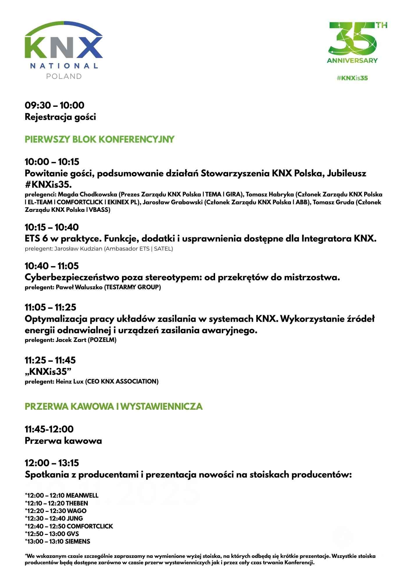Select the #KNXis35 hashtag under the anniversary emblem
[x=352, y=78]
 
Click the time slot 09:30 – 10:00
[x=54, y=105]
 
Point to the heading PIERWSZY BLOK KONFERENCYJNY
[x=99, y=139]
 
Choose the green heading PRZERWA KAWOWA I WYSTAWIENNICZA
[x=113, y=406]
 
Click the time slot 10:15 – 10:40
[x=52, y=227]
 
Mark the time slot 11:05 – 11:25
[x=50, y=307]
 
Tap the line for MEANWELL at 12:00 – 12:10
[x=62, y=495]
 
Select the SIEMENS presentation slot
[x=58, y=541]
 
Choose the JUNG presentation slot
[x=54, y=518]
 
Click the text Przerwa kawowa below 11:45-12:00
[x=63, y=441]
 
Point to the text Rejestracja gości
[x=60, y=117]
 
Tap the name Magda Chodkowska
[x=87, y=194]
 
